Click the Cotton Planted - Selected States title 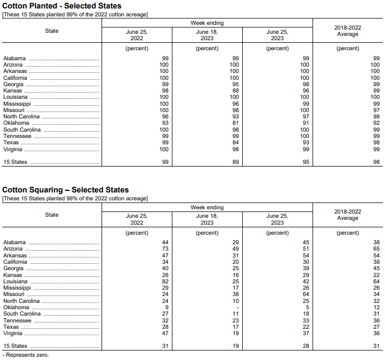tap(62, 6)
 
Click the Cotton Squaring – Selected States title tap(66, 190)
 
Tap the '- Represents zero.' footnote tap(26, 355)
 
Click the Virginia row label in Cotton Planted tap(14, 149)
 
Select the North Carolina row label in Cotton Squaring tap(22, 301)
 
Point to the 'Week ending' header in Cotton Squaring tap(207, 208)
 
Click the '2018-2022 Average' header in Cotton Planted tap(347, 31)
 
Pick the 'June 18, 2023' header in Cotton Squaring tap(207, 219)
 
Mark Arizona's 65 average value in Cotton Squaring tap(376, 249)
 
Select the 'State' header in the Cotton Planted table tap(52, 31)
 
